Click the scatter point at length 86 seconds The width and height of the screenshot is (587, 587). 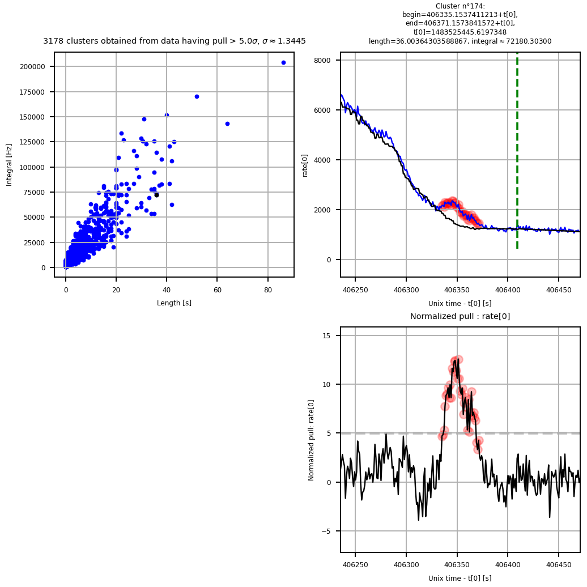click(283, 62)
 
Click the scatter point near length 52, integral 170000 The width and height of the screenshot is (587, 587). click(197, 96)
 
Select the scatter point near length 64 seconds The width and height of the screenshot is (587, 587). click(227, 124)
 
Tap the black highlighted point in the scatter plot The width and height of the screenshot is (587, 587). click(156, 195)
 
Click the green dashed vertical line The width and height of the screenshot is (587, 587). click(517, 150)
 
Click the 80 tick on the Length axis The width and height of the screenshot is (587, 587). click(268, 290)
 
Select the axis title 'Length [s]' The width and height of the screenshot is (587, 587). click(174, 303)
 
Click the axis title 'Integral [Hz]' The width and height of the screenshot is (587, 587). click(9, 165)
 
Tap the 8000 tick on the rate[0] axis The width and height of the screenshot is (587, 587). click(323, 60)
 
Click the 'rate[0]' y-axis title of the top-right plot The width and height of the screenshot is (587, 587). click(305, 164)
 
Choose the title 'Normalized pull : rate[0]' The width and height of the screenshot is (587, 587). click(460, 317)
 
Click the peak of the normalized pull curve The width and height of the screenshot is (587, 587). click(457, 360)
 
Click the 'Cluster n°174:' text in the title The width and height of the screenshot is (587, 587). click(460, 6)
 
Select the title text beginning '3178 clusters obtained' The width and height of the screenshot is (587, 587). click(174, 41)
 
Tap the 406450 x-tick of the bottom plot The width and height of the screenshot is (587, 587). click(558, 565)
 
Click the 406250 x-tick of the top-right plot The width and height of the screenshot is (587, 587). click(355, 290)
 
